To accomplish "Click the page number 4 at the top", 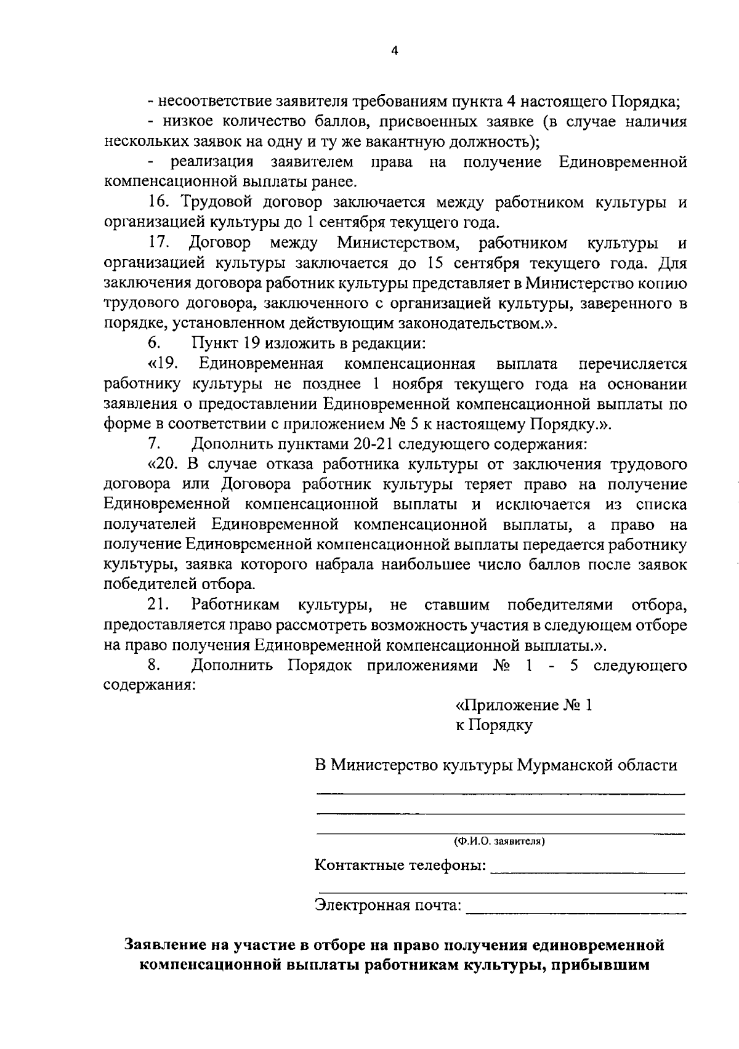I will point(395,52).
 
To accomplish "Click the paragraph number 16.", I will point(159,203).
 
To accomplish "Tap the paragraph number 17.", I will point(159,243).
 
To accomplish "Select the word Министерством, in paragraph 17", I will point(398,243).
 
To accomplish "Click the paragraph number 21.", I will point(159,605).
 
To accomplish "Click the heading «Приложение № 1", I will point(523,705).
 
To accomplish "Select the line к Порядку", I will point(494,725).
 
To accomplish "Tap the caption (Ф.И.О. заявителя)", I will point(499,840).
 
